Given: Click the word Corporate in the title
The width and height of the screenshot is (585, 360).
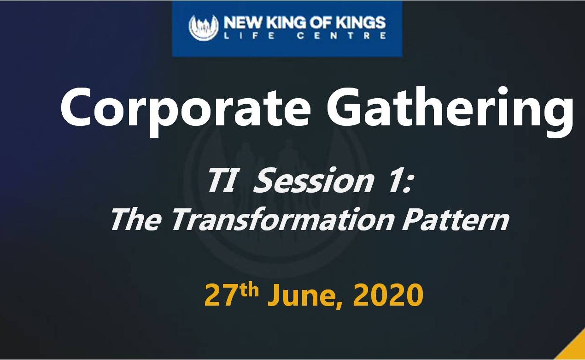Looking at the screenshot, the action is coord(186,109).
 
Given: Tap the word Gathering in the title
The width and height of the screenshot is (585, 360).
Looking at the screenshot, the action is coord(450,111).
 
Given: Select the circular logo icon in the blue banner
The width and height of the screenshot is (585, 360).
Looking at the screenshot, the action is coord(204,28).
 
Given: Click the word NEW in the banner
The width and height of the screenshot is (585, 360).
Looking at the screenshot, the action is coord(242,23).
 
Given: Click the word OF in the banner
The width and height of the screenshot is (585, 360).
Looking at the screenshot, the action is coord(321,23).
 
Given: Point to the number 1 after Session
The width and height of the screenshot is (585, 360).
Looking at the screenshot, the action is coord(396,181).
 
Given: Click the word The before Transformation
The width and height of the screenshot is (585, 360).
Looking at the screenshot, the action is coord(136,220).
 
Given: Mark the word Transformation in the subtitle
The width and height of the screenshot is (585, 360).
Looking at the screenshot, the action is coord(282,220).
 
